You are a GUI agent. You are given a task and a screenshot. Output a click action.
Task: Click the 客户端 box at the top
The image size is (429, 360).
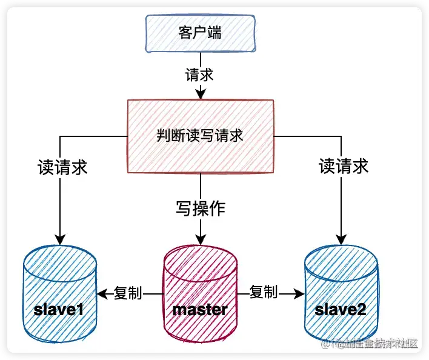pos(200,32)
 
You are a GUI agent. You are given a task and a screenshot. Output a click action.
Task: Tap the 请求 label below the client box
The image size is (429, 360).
pos(200,75)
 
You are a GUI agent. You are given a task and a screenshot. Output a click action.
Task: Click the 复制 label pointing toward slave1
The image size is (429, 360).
pos(128,293)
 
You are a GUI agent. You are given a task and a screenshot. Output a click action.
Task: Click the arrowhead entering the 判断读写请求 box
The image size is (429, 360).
pos(200,93)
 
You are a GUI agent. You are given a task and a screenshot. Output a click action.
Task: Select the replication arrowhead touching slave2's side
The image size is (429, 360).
pos(299,294)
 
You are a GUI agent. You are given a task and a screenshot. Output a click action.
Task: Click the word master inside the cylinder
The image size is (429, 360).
pos(200,310)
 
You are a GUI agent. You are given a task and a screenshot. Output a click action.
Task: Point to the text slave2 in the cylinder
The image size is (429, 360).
pos(341,310)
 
